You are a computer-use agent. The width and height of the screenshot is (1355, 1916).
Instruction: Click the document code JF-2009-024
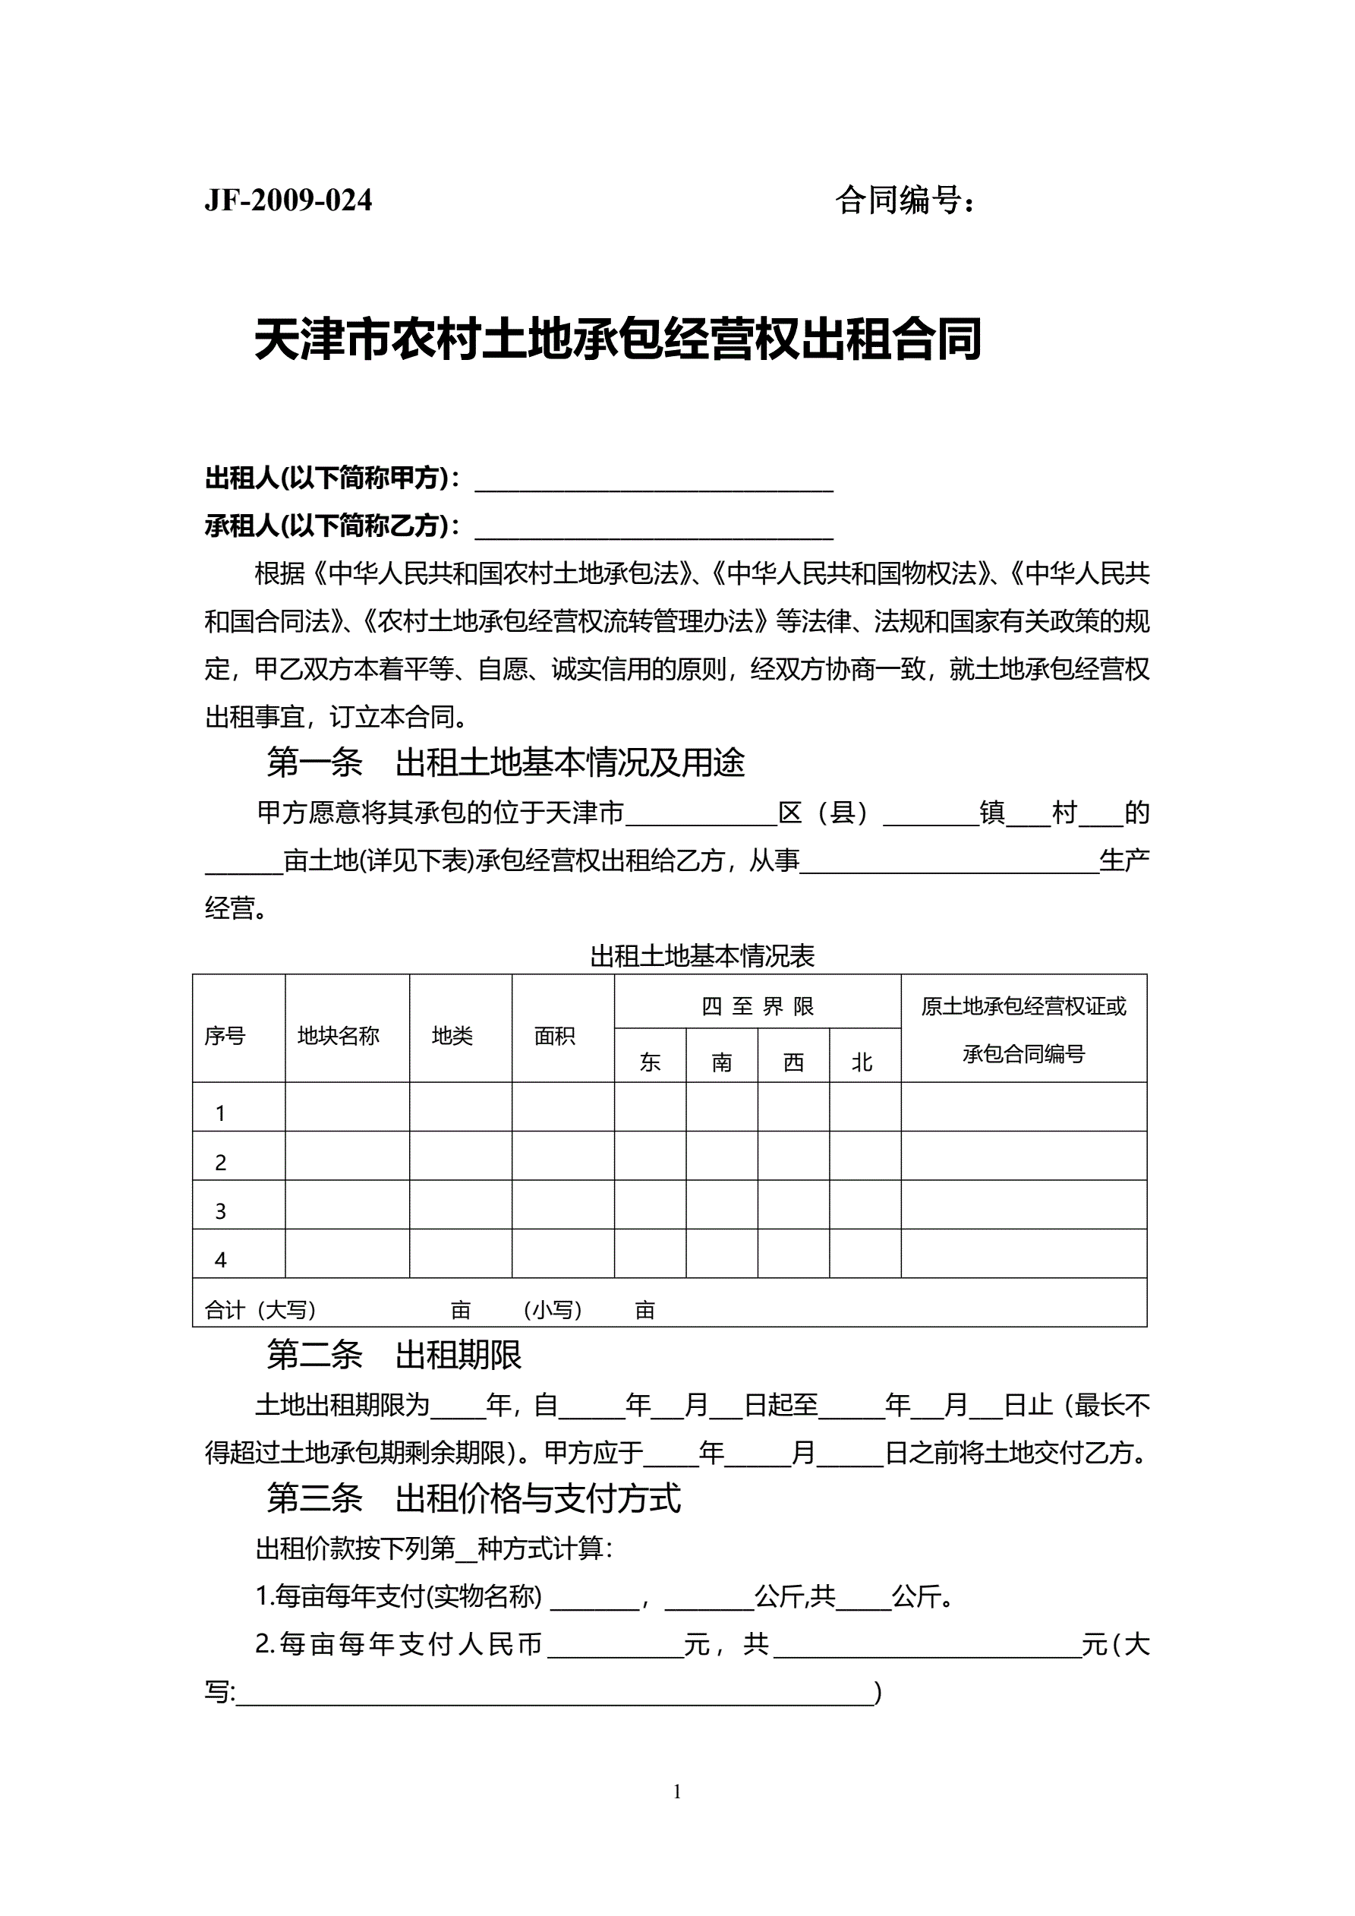(x=288, y=200)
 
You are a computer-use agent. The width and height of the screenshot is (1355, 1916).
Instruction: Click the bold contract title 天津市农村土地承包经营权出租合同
(x=617, y=339)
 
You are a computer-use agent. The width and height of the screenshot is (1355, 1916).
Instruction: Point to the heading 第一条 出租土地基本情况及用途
(x=506, y=762)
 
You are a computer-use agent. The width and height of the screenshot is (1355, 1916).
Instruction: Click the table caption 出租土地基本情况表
(x=701, y=956)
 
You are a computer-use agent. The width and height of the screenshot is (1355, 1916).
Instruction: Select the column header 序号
(x=225, y=1036)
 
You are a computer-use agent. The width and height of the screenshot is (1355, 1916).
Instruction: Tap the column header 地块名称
(x=339, y=1036)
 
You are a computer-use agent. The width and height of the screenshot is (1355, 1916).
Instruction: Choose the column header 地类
(x=452, y=1036)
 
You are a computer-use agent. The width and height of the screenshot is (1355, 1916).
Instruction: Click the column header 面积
(x=555, y=1036)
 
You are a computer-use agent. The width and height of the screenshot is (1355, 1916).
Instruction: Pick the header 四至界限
(x=757, y=1006)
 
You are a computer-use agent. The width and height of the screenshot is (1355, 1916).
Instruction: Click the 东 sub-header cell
(x=650, y=1062)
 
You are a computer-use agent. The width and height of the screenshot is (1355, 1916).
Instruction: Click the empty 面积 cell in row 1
(x=563, y=1106)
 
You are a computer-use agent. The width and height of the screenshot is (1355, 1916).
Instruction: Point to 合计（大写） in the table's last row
(x=260, y=1310)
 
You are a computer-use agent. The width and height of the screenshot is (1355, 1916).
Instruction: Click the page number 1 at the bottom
(x=676, y=1791)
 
